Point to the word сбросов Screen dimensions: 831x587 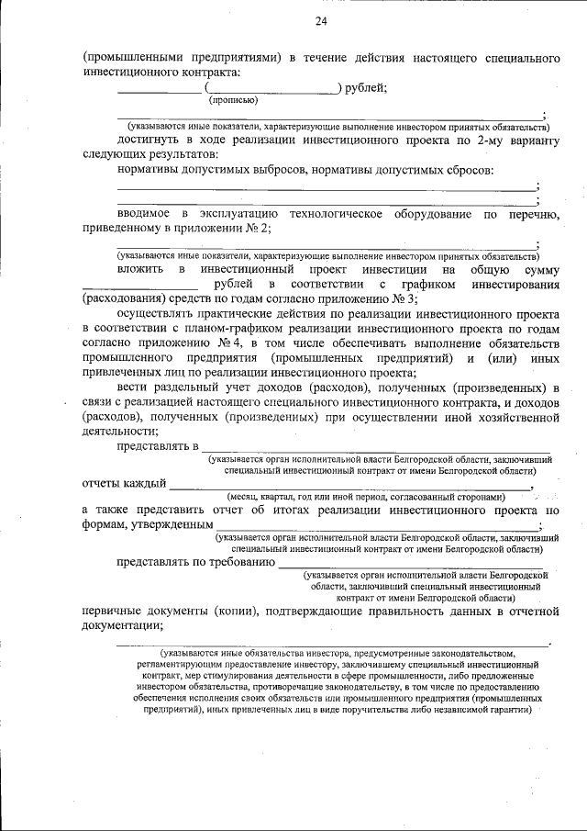pyautogui.click(x=468, y=170)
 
